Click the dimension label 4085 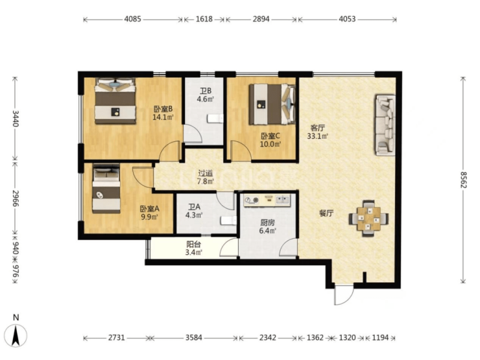(x=132, y=19)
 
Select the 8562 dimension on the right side (x=464, y=180)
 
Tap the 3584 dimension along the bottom (x=193, y=338)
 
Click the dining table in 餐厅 (x=369, y=219)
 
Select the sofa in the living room (x=385, y=125)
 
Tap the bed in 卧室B (x=115, y=101)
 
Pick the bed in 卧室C (x=272, y=104)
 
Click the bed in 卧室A (x=106, y=189)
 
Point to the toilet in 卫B (x=215, y=119)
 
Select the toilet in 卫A (x=229, y=221)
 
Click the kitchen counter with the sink (x=267, y=200)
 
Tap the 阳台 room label (x=193, y=245)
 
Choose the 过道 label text (x=205, y=173)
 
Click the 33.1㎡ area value (x=318, y=136)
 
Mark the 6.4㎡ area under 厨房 (x=267, y=230)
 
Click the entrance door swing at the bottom (x=344, y=295)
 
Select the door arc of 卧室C (x=241, y=150)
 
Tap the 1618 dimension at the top (x=204, y=19)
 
